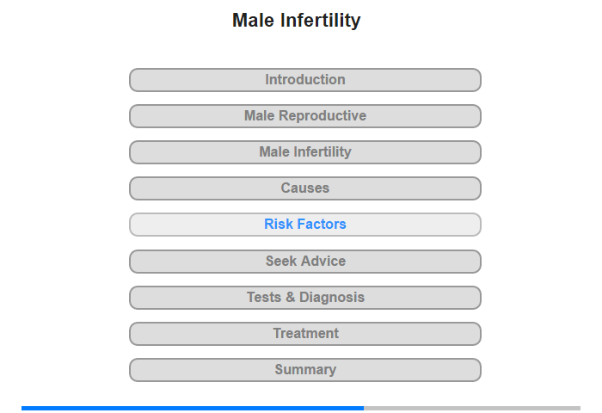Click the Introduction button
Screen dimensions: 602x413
[x=305, y=80]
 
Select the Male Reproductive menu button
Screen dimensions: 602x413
[x=305, y=116]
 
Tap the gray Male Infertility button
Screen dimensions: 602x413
[x=305, y=152]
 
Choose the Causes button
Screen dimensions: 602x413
[x=305, y=188]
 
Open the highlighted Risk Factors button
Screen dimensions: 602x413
[x=305, y=225]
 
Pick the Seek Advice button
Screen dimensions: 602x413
[x=305, y=262]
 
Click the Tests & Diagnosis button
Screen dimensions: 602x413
[x=305, y=298]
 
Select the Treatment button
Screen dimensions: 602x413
[x=305, y=334]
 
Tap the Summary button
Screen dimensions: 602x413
[x=305, y=370]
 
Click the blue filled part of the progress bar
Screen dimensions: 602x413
[x=193, y=408]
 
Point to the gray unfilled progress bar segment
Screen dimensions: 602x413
[x=472, y=408]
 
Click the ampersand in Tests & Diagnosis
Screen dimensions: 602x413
[x=291, y=297]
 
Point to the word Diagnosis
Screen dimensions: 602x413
[x=332, y=298]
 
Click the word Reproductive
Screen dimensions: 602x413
[x=322, y=116]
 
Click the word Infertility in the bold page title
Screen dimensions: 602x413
[x=321, y=21]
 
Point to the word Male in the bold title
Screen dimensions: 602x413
[x=254, y=21]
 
